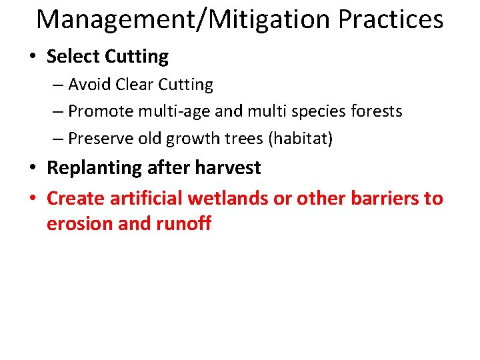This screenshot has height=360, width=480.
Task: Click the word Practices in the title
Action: click(x=391, y=20)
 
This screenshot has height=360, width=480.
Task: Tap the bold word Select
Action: click(x=73, y=57)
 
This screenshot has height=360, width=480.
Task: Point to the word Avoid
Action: click(x=89, y=85)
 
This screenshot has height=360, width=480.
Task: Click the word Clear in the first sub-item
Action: click(x=135, y=85)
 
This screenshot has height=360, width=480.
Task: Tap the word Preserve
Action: click(x=100, y=138)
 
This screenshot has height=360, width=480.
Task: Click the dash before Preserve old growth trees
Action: click(x=58, y=138)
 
